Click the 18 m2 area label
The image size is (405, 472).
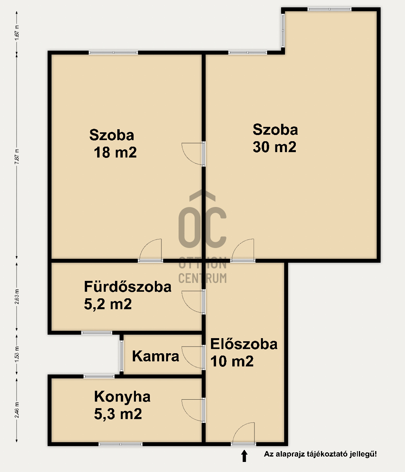tap(115, 152)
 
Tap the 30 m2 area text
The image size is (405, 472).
tap(274, 147)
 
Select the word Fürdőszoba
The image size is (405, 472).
tap(127, 287)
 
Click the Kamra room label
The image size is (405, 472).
tap(155, 356)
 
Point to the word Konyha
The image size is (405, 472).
tap(122, 397)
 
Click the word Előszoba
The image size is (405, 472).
tap(244, 344)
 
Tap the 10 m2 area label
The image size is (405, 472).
tap(232, 361)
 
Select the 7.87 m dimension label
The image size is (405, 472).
tap(17, 156)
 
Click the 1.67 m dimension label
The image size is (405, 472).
tap(17, 32)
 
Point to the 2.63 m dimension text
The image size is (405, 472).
tap(17, 297)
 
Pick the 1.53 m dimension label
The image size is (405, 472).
tap(17, 354)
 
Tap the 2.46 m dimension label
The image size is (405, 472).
tap(17, 410)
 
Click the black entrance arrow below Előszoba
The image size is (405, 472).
tap(244, 456)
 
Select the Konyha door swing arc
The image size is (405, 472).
tap(188, 414)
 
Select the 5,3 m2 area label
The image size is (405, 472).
tap(118, 414)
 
